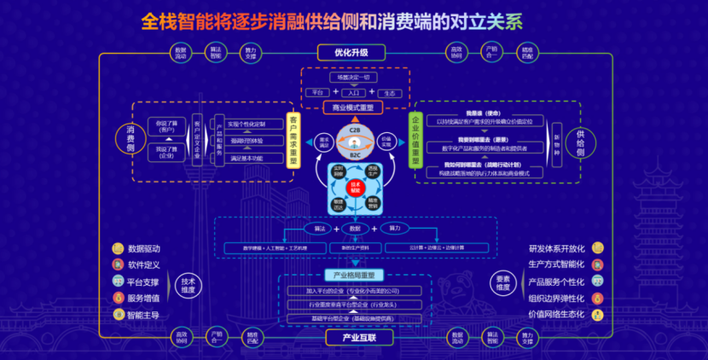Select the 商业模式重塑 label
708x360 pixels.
tap(353, 107)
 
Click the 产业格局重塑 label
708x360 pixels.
tap(353, 275)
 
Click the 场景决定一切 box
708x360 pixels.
tap(353, 78)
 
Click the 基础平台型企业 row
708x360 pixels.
tap(353, 317)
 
